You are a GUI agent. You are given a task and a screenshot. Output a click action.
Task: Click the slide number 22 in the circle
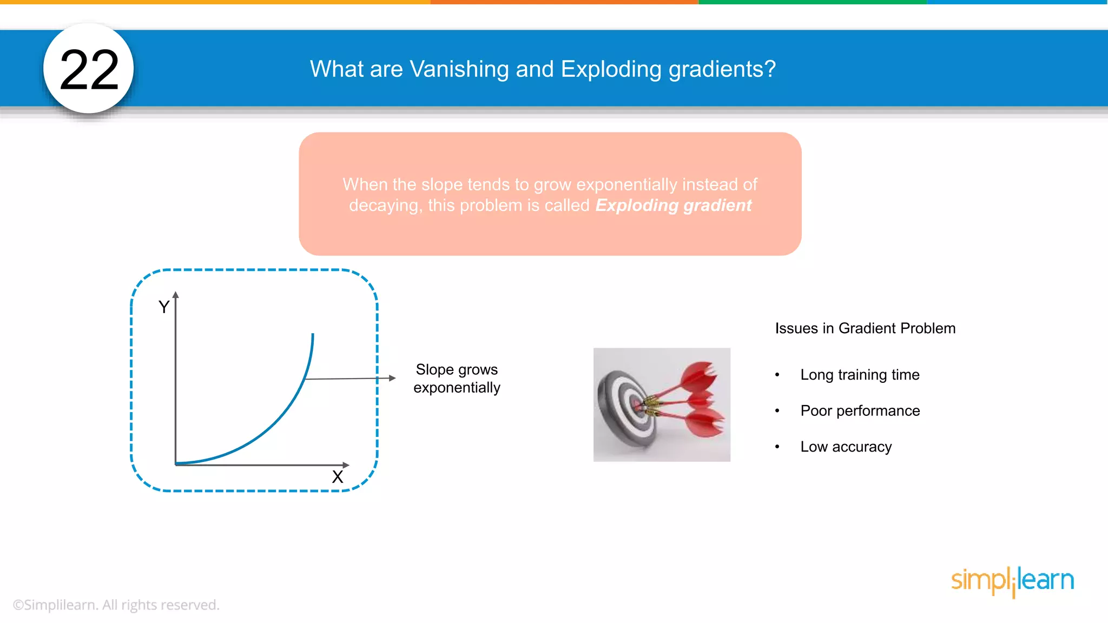coord(89,69)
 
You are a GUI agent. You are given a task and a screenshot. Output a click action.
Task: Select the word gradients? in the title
coord(722,69)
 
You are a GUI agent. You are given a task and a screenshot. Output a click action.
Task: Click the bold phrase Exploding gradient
coord(673,206)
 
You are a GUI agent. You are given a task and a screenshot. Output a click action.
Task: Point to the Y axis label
coord(163,307)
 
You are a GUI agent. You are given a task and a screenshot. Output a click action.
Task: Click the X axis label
coord(338,477)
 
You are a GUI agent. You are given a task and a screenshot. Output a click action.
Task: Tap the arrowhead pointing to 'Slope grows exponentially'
coord(393,378)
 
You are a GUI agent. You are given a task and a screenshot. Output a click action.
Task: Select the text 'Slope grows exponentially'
coord(457,379)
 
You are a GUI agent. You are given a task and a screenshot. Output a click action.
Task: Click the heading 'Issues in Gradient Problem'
coord(865,328)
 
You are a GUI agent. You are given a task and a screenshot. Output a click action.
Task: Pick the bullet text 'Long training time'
coord(860,375)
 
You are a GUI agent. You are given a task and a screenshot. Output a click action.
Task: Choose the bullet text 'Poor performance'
coord(860,411)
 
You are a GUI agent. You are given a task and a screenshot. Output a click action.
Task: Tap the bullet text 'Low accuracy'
coord(846,447)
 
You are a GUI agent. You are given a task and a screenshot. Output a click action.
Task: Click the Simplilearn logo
coord(1012,581)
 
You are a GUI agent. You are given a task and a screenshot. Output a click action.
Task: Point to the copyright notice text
coord(116,605)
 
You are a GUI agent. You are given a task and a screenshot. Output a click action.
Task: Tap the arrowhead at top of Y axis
coord(175,295)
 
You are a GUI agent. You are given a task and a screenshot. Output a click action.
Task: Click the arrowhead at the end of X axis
coord(346,465)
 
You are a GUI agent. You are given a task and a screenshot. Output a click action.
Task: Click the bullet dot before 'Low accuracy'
coord(777,447)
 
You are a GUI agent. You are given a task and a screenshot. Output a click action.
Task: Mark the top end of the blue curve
coord(313,335)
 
